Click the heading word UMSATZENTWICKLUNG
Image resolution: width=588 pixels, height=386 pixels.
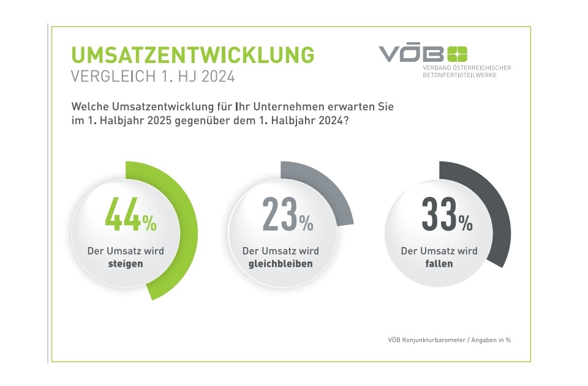coord(193,54)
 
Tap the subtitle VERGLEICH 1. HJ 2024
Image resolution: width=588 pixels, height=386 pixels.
coord(153,78)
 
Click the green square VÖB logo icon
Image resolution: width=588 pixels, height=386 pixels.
coord(457,54)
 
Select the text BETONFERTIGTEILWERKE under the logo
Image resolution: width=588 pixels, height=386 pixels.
coord(459,75)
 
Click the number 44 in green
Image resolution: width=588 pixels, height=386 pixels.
coord(123,215)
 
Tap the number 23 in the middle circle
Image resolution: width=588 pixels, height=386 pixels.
coord(280,215)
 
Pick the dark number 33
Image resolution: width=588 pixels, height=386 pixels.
coord(439,215)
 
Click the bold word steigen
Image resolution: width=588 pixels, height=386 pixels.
coord(126,264)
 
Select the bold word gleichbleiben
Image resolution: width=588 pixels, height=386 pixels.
coord(281,264)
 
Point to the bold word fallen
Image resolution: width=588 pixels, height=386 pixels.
coord(439,264)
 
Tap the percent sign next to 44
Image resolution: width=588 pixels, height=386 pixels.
coord(150,224)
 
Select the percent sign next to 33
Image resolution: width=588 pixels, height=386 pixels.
coord(466,224)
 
